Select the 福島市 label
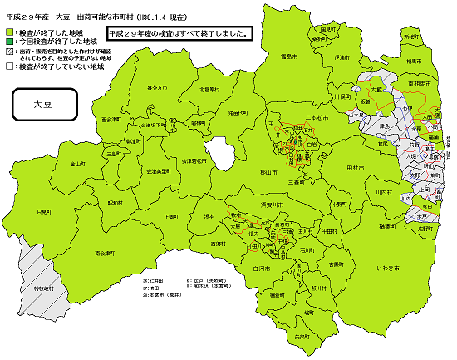point(290,56)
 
